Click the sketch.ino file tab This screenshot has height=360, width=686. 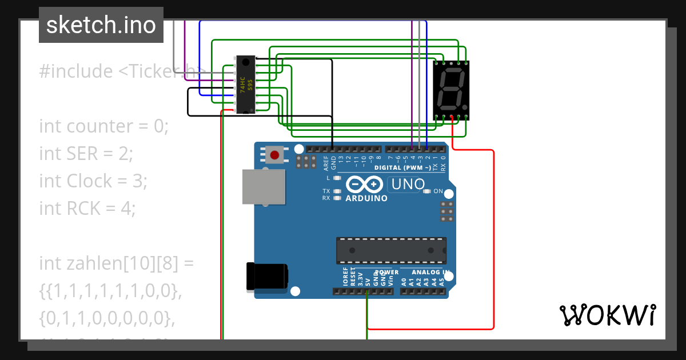(x=101, y=25)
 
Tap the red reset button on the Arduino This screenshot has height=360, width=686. (x=275, y=155)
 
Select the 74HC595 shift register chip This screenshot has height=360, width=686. (x=246, y=85)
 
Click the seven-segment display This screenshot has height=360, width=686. (x=451, y=90)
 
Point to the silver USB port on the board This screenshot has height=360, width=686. (x=264, y=186)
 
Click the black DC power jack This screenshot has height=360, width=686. (x=266, y=276)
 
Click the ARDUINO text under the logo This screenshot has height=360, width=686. (x=366, y=198)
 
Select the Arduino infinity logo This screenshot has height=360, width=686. (x=364, y=184)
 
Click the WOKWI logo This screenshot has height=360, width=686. (x=607, y=315)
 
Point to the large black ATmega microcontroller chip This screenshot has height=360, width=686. (x=391, y=250)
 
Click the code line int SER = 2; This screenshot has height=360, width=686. (x=86, y=153)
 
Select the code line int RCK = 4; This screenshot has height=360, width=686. (x=87, y=208)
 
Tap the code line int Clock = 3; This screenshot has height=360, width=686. (x=93, y=181)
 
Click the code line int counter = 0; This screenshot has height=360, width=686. (x=104, y=126)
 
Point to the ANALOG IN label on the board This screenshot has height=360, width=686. (x=430, y=272)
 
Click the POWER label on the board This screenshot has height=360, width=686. (x=386, y=272)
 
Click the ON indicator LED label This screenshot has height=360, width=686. (x=438, y=191)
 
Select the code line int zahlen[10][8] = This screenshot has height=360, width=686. (x=117, y=263)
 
